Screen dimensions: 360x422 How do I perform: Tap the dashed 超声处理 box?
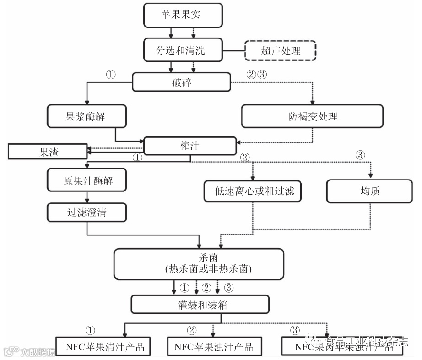(281, 51)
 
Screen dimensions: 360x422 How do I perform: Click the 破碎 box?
(181, 82)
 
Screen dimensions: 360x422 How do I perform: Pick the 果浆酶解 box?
(86, 116)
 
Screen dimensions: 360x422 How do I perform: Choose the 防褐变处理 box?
(312, 116)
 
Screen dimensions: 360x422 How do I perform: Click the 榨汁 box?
(190, 146)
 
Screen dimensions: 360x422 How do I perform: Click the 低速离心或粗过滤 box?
(253, 191)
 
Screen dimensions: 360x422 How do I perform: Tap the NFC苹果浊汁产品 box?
(213, 346)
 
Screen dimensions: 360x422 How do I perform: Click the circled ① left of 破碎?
(111, 75)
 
